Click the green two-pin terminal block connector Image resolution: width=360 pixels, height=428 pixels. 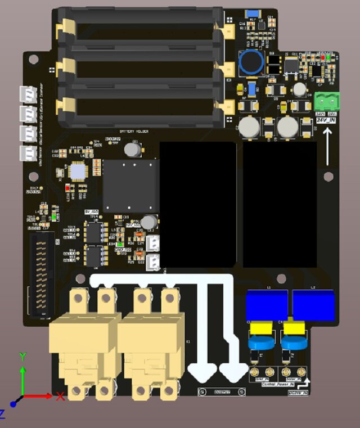point(328,101)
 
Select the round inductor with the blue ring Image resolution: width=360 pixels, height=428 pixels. point(251,62)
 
